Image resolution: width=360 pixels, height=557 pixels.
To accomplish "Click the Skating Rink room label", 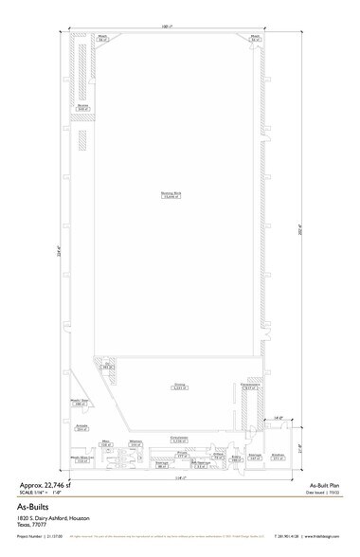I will click(171, 195).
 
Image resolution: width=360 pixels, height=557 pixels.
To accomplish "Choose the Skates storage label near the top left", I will click(82, 107).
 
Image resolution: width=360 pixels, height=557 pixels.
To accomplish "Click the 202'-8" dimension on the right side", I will click(301, 228).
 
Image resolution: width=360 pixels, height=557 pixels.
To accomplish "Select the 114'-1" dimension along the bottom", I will click(179, 476).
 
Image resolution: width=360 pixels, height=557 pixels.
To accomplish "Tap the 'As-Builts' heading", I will click(34, 507).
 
